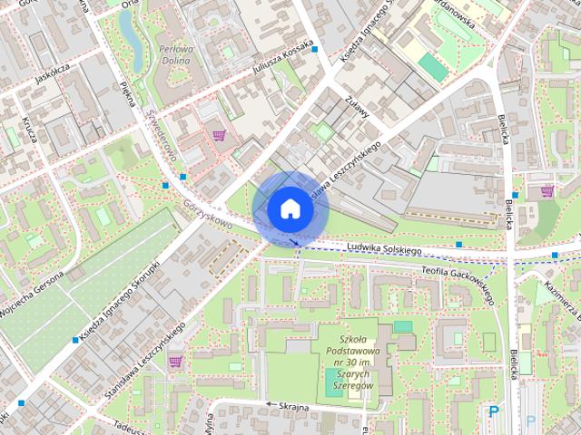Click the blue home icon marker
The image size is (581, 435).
(290, 208)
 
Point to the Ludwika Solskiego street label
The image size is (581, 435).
(385, 247)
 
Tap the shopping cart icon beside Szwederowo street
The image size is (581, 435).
(218, 136)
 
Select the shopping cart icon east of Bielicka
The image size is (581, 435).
(547, 191)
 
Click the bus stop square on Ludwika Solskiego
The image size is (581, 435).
(458, 244)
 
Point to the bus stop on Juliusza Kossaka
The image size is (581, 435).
(314, 49)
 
